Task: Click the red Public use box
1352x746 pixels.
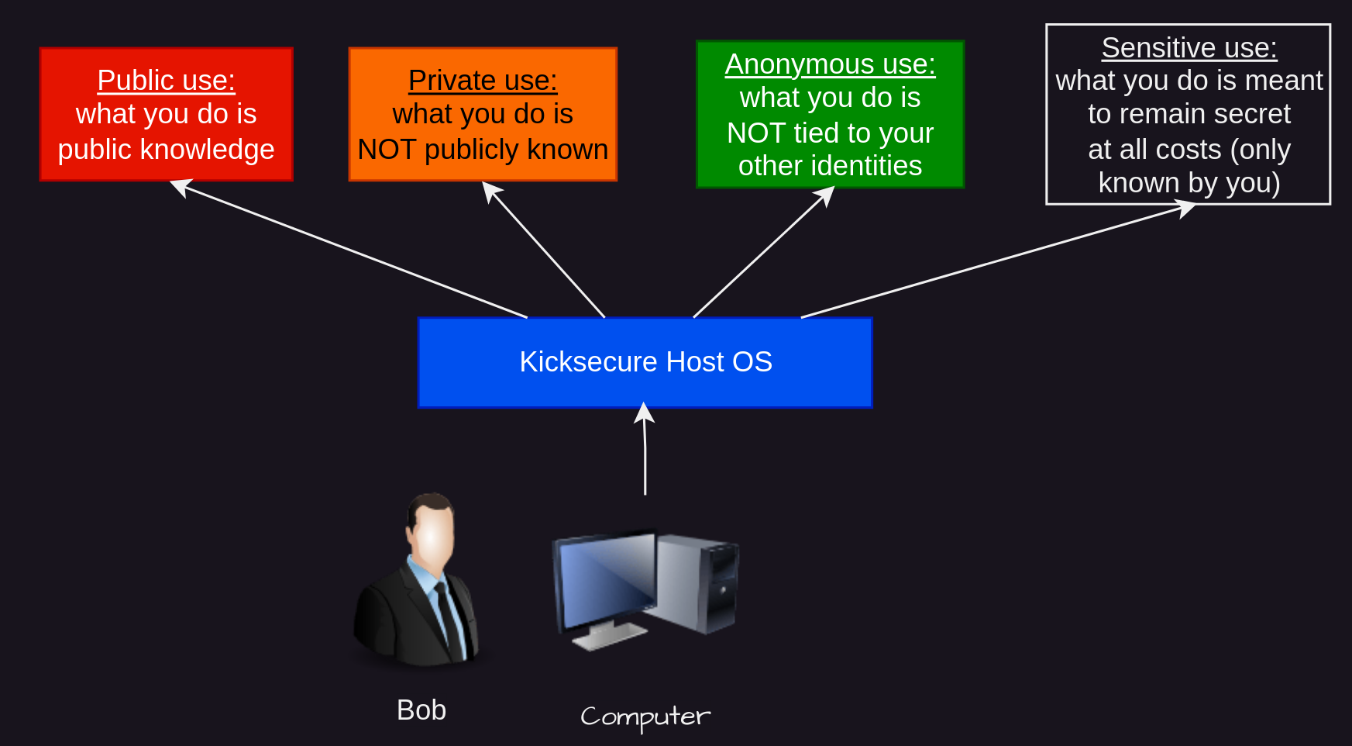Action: pos(167,114)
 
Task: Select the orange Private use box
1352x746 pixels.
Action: pos(483,114)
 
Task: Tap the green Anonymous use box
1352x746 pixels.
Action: pos(831,114)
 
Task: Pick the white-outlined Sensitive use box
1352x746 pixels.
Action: pos(1189,114)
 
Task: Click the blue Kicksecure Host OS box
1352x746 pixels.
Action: pos(645,362)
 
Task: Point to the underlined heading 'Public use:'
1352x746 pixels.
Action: pos(167,81)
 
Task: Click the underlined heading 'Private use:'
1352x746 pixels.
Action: pos(483,81)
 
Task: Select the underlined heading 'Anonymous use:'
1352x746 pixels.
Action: pos(831,64)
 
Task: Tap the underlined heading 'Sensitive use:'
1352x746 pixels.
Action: pos(1189,48)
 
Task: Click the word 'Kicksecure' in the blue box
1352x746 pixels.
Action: pos(589,362)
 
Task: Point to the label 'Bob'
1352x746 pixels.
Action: pos(421,710)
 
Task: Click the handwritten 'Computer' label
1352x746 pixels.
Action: pos(645,717)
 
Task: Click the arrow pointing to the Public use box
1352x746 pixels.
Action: pos(349,249)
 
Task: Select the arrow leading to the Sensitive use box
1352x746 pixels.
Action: pos(998,259)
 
